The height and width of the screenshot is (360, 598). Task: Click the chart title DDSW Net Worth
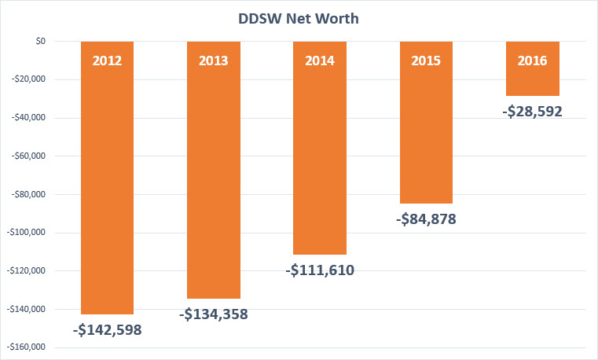tap(299, 18)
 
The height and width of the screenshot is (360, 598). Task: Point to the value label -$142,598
tap(107, 330)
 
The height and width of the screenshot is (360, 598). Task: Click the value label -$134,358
tap(213, 315)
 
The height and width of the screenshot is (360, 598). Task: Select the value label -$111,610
tap(319, 271)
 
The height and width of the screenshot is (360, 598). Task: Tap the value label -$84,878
tap(425, 219)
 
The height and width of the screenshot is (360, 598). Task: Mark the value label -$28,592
tap(532, 112)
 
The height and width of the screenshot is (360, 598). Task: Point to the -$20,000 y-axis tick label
tap(30, 79)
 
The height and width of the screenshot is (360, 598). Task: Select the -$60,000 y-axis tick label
tap(30, 156)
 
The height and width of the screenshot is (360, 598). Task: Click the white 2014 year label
tap(319, 61)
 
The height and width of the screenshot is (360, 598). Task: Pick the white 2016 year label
tap(532, 61)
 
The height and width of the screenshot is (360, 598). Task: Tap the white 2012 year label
tap(107, 61)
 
